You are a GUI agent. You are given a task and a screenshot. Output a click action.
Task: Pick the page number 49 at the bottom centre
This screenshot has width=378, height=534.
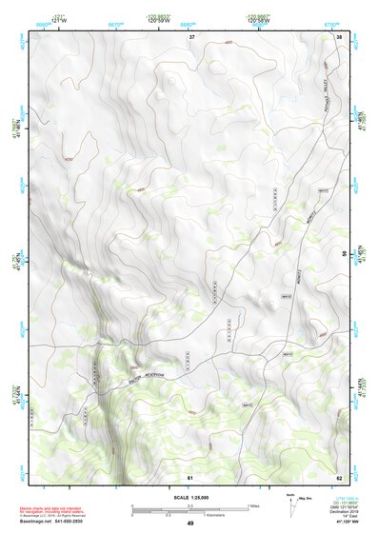pos(189,524)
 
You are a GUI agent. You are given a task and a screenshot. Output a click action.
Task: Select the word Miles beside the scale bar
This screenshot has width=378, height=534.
pos(253,505)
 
